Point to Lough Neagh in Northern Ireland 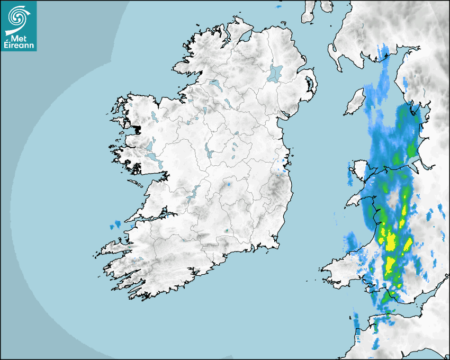(276, 73)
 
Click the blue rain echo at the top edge (278, 7)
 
